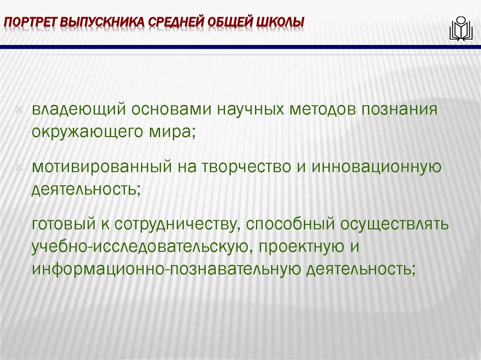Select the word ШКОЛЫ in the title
pyautogui.click(x=280, y=22)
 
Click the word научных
pyautogui.click(x=249, y=110)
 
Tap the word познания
pyautogui.click(x=399, y=110)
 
